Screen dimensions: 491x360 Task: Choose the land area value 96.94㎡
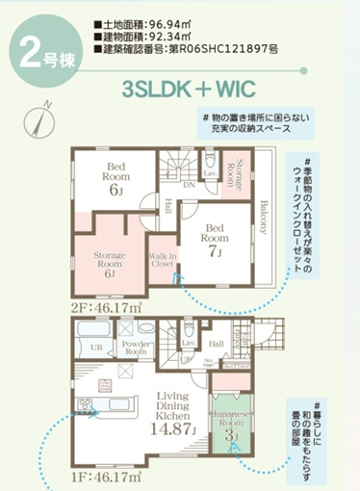pos(173,17)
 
